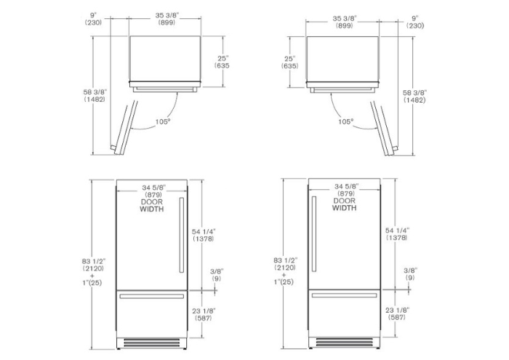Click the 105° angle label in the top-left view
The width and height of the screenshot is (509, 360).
click(163, 121)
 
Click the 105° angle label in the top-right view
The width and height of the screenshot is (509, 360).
click(345, 121)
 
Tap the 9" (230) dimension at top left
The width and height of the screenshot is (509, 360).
click(93, 19)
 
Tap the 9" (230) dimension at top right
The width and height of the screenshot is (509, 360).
click(415, 22)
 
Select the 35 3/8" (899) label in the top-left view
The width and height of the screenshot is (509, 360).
click(167, 19)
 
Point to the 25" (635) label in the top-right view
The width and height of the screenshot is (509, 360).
click(289, 63)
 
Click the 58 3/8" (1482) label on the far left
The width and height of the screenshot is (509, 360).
click(95, 96)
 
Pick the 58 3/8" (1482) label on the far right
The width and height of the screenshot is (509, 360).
click(414, 97)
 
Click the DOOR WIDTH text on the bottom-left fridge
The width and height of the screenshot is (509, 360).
click(151, 206)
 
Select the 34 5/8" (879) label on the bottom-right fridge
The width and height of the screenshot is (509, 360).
click(346, 190)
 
